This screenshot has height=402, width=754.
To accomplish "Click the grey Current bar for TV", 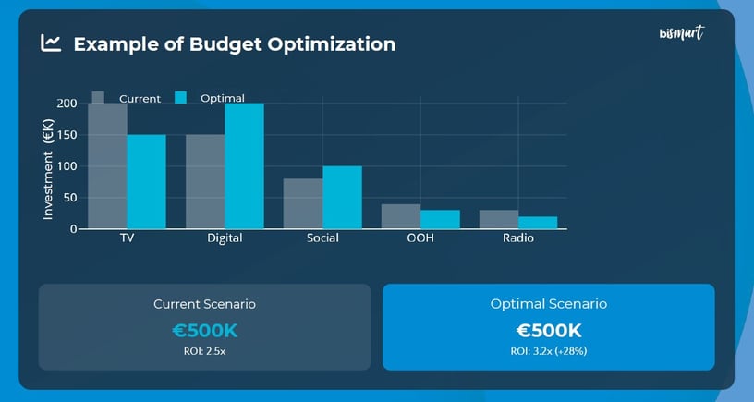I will coord(107,166).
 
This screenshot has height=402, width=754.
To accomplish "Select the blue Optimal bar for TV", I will coord(146,182).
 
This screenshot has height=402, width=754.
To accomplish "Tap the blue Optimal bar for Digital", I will coord(244,166).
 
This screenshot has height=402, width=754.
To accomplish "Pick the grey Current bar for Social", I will coord(303,203).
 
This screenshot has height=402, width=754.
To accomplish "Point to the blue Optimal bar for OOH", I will coord(440,219).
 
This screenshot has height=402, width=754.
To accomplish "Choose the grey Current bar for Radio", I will coord(499,219).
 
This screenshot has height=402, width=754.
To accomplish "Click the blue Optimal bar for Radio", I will coord(538,222).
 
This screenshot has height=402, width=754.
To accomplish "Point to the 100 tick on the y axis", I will coord(67,166).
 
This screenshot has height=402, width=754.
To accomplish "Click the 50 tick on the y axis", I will coord(70,198).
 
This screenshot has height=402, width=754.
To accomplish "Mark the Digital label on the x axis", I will coord(225,238).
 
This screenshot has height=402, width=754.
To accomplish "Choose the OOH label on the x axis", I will coord(420,238).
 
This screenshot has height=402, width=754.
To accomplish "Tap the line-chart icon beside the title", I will coord(51,43).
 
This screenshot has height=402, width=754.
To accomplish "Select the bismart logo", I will coord(682,34).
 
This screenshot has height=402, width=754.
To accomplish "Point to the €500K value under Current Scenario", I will coord(204,331).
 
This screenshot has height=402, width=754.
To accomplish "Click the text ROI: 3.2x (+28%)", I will coord(548,352).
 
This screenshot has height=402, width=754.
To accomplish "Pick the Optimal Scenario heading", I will coord(548,304).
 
